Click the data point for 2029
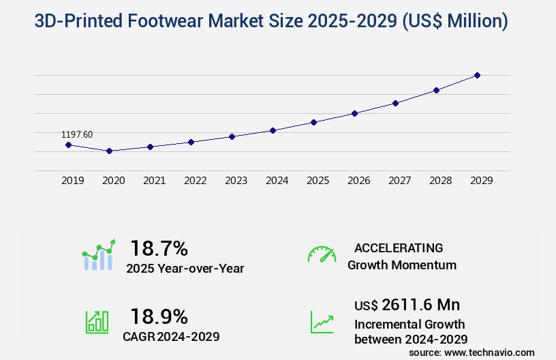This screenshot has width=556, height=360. point(477,75)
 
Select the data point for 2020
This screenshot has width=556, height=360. point(109,151)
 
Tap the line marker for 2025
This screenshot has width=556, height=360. point(313,122)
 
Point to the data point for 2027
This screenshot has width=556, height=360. point(395,103)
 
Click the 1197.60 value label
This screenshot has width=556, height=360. point(77,135)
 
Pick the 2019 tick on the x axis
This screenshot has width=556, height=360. point(73,181)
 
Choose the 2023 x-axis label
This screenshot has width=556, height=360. point(236,181)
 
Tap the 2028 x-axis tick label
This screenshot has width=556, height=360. point(441,181)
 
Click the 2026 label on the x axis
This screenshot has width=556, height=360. point(359,181)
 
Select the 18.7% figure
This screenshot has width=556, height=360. point(159,248)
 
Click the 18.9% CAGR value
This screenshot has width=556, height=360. point(159,316)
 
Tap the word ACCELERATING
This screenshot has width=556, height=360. point(399,248)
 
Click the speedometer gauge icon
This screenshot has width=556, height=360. point(322,254)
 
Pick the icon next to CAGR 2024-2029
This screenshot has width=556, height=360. point(97,322)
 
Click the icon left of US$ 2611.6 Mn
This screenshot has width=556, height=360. point(322,322)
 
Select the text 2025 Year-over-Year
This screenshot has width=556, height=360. point(185,269)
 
